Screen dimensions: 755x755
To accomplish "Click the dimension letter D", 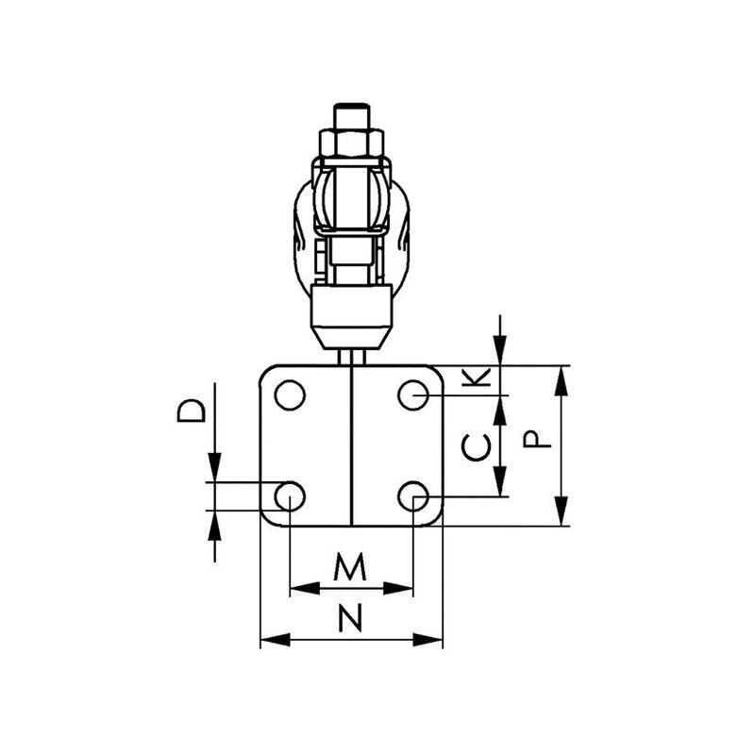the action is [x=192, y=411].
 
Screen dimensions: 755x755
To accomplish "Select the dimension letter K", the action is [x=477, y=377].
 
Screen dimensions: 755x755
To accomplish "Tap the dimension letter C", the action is [x=477, y=446].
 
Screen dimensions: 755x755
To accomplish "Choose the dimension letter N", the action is [x=350, y=618].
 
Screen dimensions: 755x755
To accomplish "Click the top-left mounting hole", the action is [x=290, y=394].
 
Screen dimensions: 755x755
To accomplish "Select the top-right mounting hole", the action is [x=413, y=394].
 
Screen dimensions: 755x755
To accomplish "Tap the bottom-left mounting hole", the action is [x=290, y=496].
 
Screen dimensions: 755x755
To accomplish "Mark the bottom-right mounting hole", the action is [x=413, y=496].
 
